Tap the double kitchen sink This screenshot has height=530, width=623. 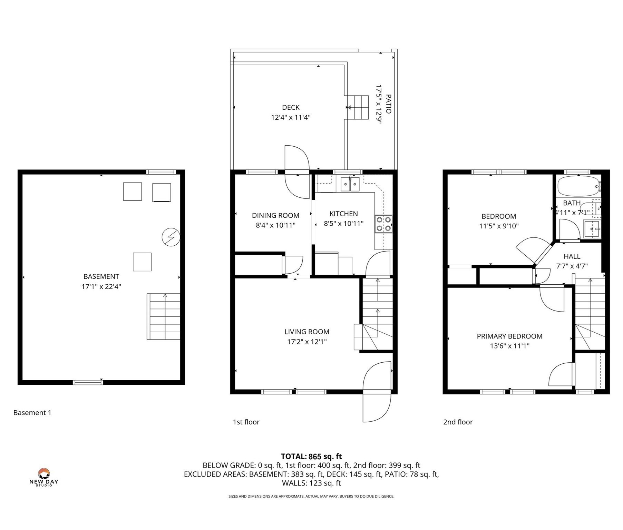pyautogui.click(x=350, y=184)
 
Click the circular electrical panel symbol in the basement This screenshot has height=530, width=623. pyautogui.click(x=171, y=237)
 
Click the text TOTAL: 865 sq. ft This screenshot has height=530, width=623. pyautogui.click(x=311, y=457)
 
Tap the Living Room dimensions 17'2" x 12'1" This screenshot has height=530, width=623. pyautogui.click(x=307, y=342)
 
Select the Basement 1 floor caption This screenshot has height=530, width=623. pyautogui.click(x=32, y=413)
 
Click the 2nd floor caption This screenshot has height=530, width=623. pyautogui.click(x=458, y=422)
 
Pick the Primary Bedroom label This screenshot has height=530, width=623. pyautogui.click(x=509, y=336)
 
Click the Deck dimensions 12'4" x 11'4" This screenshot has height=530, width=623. pyautogui.click(x=291, y=117)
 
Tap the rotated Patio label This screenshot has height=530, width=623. pyautogui.click(x=388, y=104)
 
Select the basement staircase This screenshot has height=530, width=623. pyautogui.click(x=164, y=316)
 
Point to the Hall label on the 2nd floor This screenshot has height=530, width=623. pyautogui.click(x=572, y=256)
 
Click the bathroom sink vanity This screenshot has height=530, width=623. pyautogui.click(x=592, y=229)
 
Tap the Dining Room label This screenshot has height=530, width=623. pyautogui.click(x=275, y=215)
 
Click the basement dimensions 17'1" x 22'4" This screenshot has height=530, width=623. pyautogui.click(x=101, y=286)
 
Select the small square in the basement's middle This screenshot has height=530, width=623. pyautogui.click(x=142, y=262)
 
